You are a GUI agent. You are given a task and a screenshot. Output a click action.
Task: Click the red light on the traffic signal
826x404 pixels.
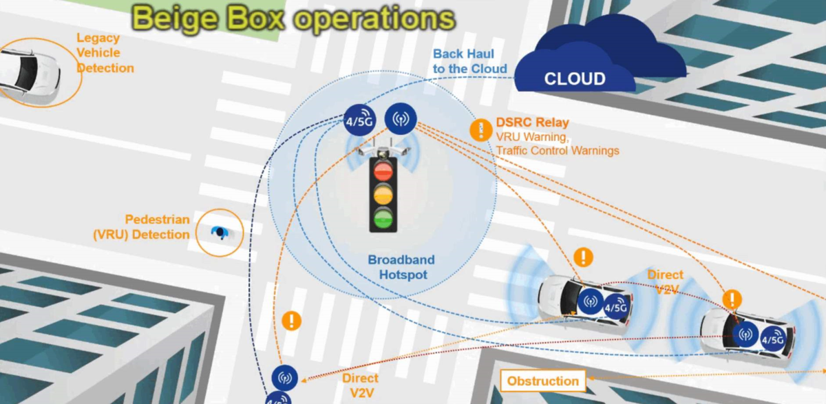[383, 171]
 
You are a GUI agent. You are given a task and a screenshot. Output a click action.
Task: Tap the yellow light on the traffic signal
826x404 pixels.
[383, 195]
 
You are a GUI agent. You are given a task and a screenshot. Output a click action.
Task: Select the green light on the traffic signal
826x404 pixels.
[383, 219]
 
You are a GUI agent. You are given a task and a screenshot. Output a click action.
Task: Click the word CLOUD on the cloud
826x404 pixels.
[575, 79]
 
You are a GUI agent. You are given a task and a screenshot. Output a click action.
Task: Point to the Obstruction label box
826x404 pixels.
[543, 381]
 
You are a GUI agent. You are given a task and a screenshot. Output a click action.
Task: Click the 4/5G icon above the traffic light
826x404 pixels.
[360, 120]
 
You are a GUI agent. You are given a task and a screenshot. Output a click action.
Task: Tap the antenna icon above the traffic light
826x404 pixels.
[401, 118]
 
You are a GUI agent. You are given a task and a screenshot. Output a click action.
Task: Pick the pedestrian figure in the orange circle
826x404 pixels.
[220, 233]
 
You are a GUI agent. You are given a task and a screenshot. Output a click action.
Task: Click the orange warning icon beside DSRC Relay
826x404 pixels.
[481, 130]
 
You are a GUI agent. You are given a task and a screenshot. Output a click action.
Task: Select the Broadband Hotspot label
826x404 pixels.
[401, 267]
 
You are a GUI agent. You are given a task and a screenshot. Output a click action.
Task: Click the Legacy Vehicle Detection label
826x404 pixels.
[105, 53]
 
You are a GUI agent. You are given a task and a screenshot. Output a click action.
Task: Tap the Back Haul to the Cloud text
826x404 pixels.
[469, 61]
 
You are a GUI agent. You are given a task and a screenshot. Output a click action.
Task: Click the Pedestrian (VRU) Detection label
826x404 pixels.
[142, 227]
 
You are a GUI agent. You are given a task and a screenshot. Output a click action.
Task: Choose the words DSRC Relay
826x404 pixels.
[533, 123]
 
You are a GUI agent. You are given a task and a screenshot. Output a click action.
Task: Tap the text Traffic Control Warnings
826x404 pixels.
[558, 151]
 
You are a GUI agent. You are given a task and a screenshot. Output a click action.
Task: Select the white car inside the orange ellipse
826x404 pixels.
[30, 74]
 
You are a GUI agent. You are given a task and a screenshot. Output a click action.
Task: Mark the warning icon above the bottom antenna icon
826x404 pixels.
[291, 321]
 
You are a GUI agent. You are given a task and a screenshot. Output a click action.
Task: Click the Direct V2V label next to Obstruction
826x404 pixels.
[361, 385]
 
